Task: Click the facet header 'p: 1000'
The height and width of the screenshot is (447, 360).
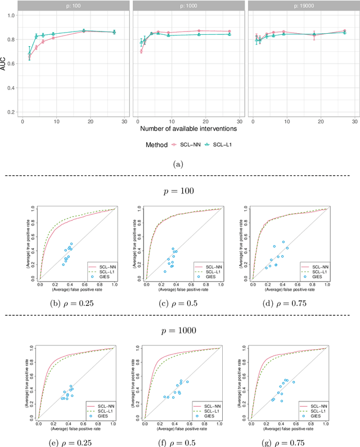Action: (x=187, y=5)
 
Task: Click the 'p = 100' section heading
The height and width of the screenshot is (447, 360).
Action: (x=180, y=191)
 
